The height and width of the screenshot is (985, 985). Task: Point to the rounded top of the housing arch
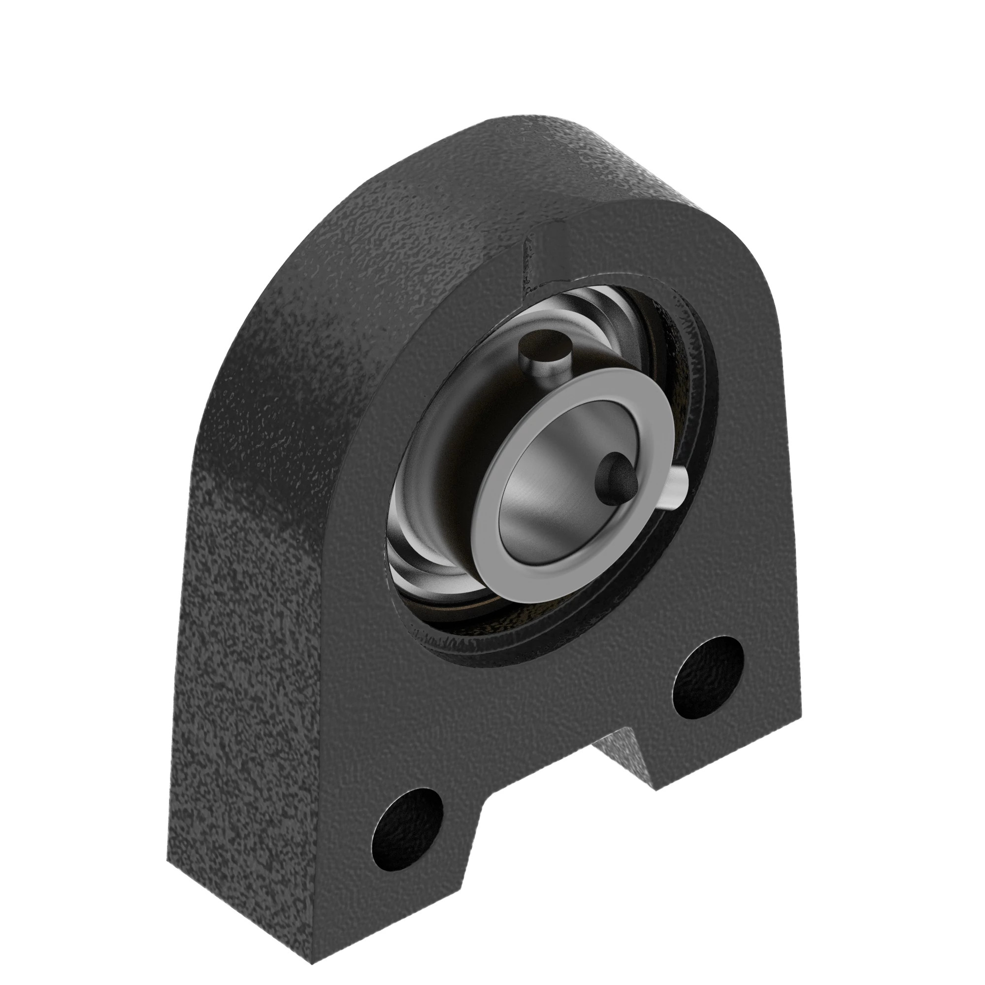[x=510, y=138]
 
